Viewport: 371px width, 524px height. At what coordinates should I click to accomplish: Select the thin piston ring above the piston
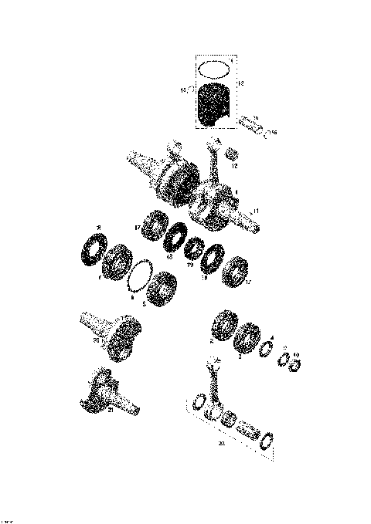[x=214, y=68]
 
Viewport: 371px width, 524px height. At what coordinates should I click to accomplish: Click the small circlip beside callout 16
[x=267, y=131]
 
